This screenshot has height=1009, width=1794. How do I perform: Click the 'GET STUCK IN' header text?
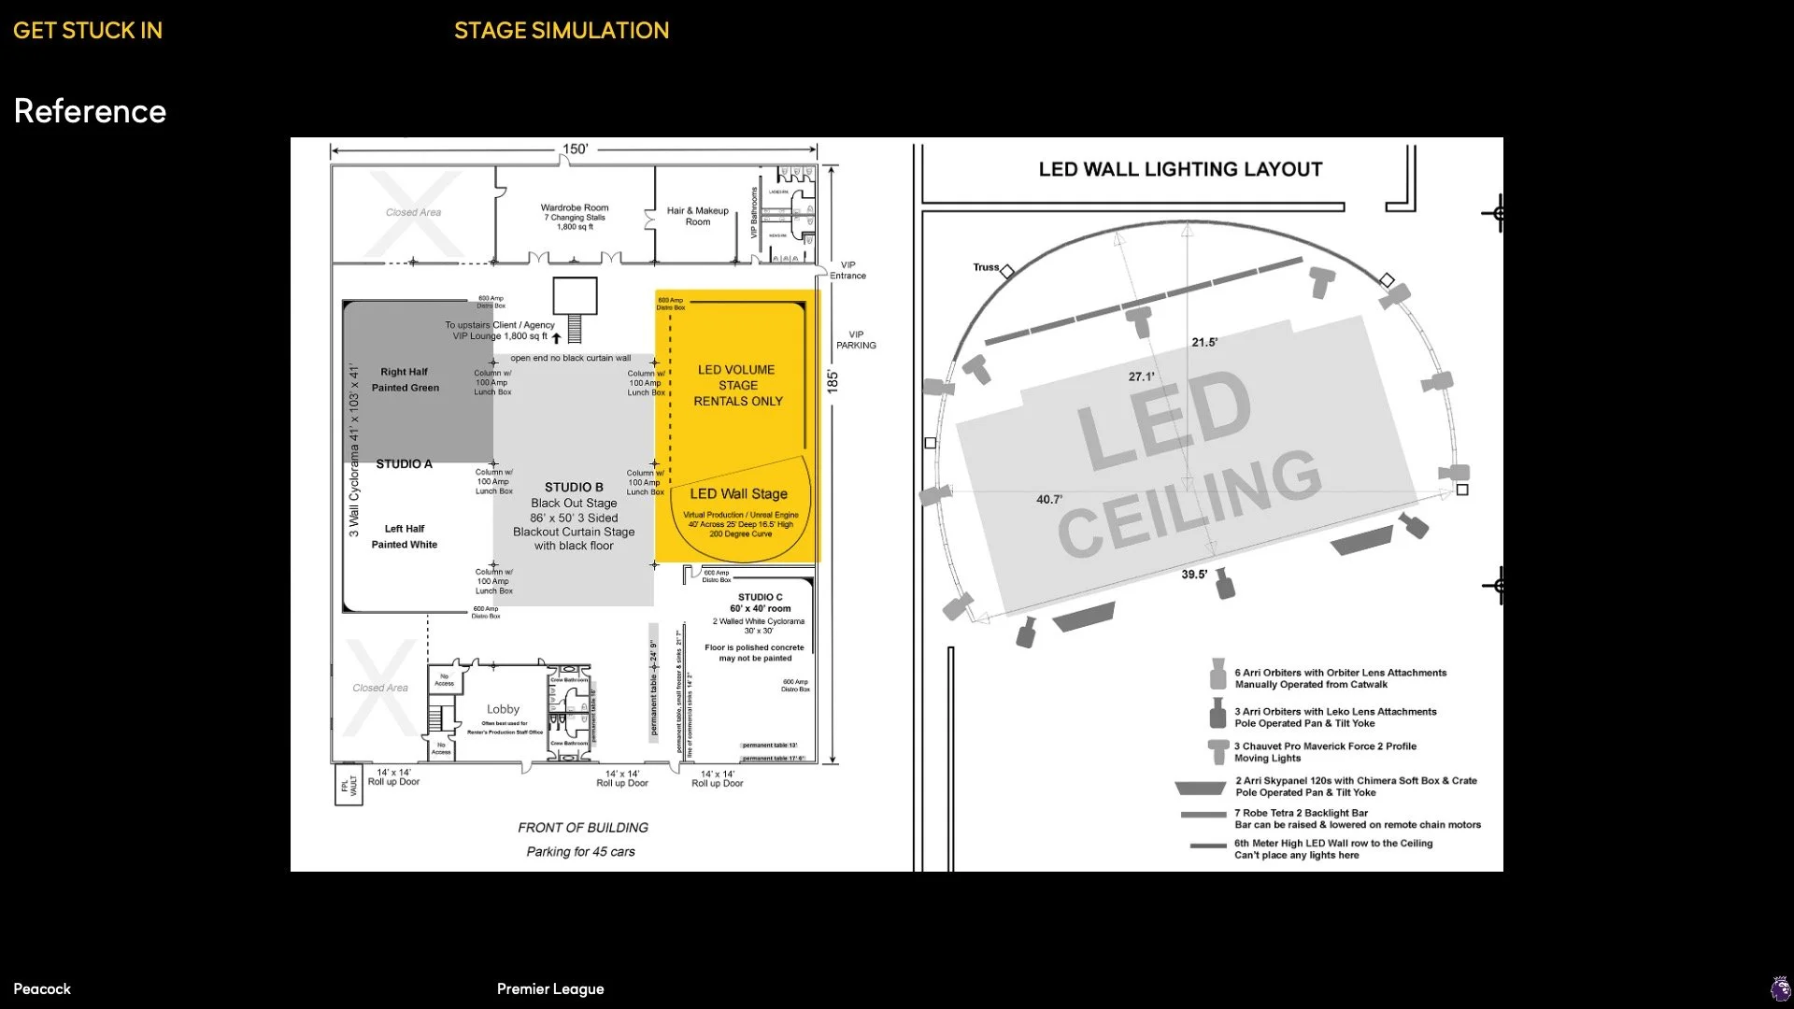[88, 31]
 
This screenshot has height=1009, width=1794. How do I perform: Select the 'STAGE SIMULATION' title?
[562, 31]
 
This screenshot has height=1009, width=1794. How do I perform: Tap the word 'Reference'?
[90, 111]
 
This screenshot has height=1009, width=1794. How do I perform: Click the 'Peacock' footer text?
[42, 988]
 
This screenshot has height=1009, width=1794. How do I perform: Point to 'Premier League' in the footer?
[550, 988]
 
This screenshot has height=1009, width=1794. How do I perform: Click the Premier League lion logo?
[1781, 988]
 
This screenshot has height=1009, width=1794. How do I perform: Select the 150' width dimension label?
[575, 149]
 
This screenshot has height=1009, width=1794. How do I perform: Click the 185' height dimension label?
[833, 381]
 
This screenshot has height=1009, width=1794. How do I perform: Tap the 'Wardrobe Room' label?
[575, 207]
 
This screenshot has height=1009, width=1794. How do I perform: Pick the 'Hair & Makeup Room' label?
[698, 216]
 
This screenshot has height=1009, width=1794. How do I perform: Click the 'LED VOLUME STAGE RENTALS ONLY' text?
[737, 385]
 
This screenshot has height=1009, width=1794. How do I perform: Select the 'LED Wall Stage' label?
[738, 493]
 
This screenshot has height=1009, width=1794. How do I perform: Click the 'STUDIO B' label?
[574, 487]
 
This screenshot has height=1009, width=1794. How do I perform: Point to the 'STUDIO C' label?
[761, 597]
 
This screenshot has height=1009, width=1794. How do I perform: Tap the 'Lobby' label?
[503, 709]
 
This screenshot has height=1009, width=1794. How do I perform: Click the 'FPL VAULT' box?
[349, 785]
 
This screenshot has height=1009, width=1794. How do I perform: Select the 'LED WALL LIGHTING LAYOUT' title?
[1180, 169]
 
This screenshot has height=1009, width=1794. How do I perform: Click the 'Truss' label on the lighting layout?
[986, 267]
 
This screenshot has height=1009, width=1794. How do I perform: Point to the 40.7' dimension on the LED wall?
[1049, 499]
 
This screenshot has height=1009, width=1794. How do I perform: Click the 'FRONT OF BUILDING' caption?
[583, 828]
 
